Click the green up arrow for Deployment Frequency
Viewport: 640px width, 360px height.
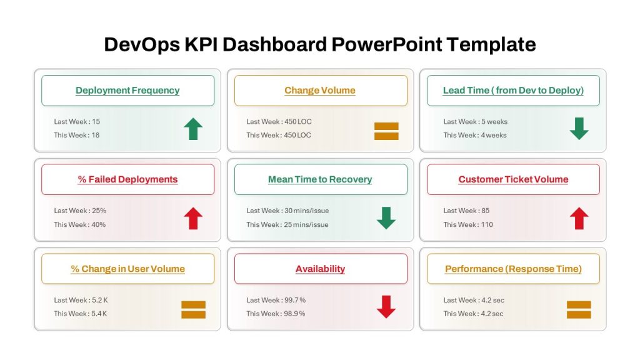point(193,129)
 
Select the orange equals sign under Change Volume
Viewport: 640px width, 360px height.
point(386,131)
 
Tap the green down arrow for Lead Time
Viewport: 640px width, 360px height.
point(579,129)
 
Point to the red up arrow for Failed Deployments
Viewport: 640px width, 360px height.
point(193,218)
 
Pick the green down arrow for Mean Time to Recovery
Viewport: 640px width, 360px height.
point(386,218)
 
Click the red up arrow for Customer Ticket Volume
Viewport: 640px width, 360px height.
point(579,218)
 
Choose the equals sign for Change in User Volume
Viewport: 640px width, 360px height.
point(194,310)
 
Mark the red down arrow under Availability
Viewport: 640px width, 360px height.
point(386,307)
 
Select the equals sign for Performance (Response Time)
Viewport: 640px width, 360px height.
point(579,310)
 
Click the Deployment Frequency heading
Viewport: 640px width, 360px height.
point(127,90)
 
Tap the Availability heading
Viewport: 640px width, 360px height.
point(321,269)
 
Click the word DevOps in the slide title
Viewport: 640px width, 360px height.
point(142,44)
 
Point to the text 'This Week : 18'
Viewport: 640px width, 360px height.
point(77,135)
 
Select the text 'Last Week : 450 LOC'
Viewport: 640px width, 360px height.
point(279,122)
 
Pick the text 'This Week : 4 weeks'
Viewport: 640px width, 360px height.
point(475,135)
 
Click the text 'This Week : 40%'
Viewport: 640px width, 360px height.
point(79,224)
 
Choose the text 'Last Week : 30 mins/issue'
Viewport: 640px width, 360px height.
point(287,211)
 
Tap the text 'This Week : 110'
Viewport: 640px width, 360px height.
point(468,224)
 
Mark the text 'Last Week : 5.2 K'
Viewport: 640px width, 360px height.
point(81,300)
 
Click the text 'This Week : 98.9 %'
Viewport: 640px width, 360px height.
point(276,314)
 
